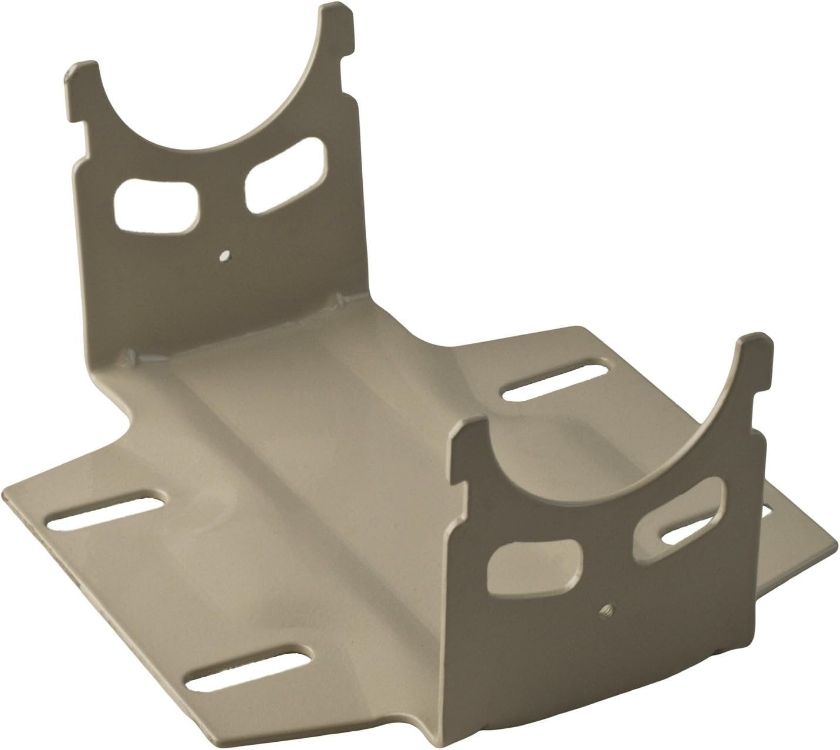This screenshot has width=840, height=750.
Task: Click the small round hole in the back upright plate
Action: click(224, 255)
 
